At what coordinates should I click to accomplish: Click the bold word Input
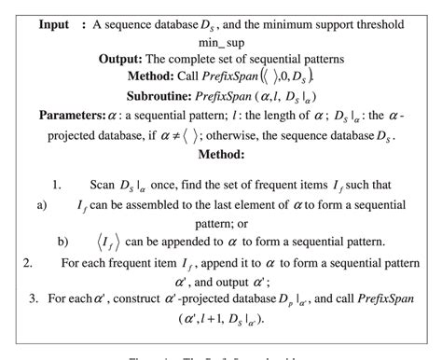(x=57, y=23)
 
